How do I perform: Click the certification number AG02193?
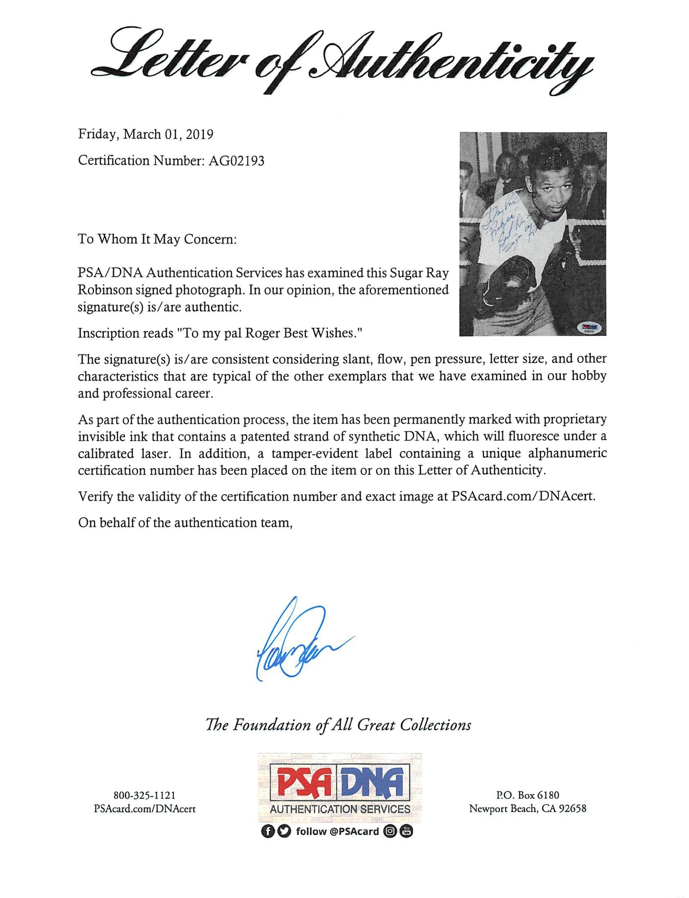pos(236,161)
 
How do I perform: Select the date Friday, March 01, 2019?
pos(146,134)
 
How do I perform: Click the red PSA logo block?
pos(304,782)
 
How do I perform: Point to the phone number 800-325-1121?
pos(145,795)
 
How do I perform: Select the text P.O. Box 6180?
pos(527,795)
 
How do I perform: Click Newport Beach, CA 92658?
pos(527,809)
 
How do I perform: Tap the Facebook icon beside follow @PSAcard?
pos(268,831)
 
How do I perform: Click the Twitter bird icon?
pos(284,831)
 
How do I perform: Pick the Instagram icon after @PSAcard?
pos(390,831)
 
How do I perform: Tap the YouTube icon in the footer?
pos(407,831)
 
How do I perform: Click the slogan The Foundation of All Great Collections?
pos(338,725)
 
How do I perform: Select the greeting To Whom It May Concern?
pos(157,239)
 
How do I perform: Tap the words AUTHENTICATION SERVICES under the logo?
pos(340,809)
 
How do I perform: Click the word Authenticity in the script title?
pos(451,61)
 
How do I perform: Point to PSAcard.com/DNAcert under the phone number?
pos(145,809)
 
